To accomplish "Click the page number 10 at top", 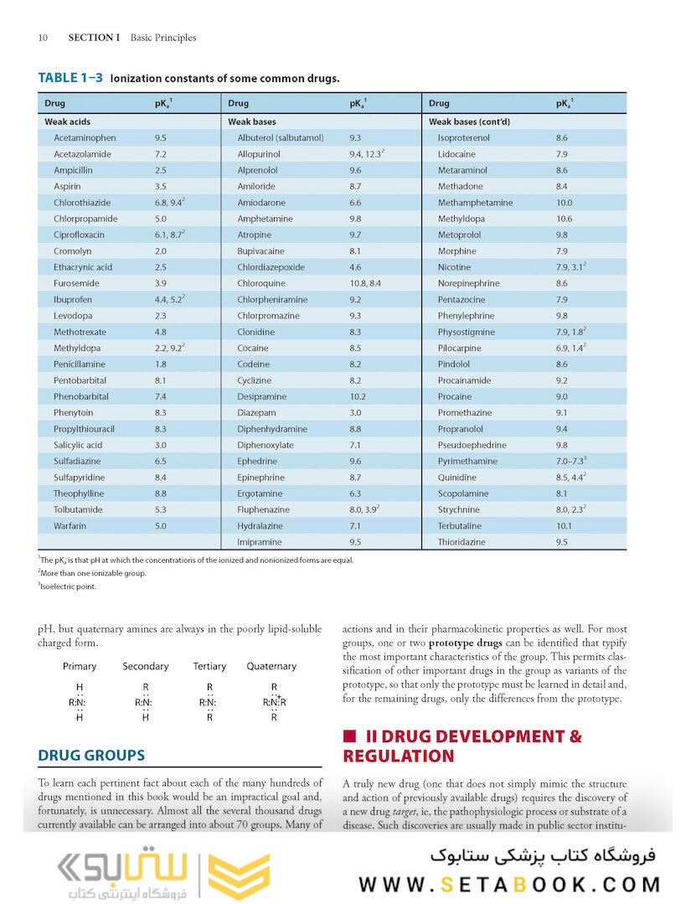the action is tap(43, 38).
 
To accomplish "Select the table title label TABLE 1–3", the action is tap(70, 78).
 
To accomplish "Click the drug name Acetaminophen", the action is tap(85, 137).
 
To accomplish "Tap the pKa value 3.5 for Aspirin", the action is tap(160, 186).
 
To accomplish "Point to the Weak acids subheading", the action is tap(67, 121).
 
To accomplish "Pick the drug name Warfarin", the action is tap(70, 526).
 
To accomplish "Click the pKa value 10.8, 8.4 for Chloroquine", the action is tap(365, 283).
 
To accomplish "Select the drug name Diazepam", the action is tap(256, 413).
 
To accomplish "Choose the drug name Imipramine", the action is tap(260, 542).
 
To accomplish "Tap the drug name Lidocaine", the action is tap(456, 154).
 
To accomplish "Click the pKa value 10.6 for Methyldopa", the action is tap(564, 219).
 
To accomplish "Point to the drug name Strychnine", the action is tap(459, 509).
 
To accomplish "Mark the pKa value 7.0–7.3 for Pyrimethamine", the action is tap(571, 461).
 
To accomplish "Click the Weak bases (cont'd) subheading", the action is tap(469, 121).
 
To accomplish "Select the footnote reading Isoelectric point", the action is tap(67, 586).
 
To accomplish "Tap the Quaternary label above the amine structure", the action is tap(271, 666).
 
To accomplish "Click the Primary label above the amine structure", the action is tap(80, 666).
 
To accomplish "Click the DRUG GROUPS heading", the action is tap(91, 755).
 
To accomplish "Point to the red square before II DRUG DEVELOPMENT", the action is tap(349, 736).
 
